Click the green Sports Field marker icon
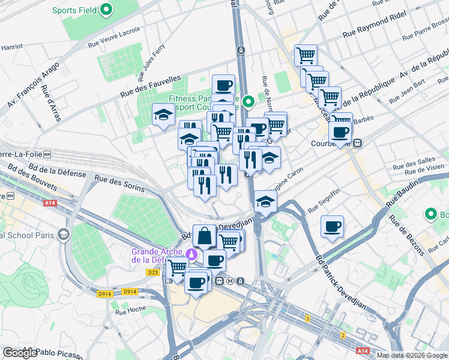click(106, 10)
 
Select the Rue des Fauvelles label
click(151, 86)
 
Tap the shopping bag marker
click(205, 236)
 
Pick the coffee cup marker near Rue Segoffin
click(332, 227)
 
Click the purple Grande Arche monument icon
click(191, 254)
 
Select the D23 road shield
click(152, 272)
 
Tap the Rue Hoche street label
click(130, 310)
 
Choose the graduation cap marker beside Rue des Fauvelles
click(162, 115)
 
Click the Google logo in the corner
click(20, 353)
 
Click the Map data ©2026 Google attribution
click(412, 355)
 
